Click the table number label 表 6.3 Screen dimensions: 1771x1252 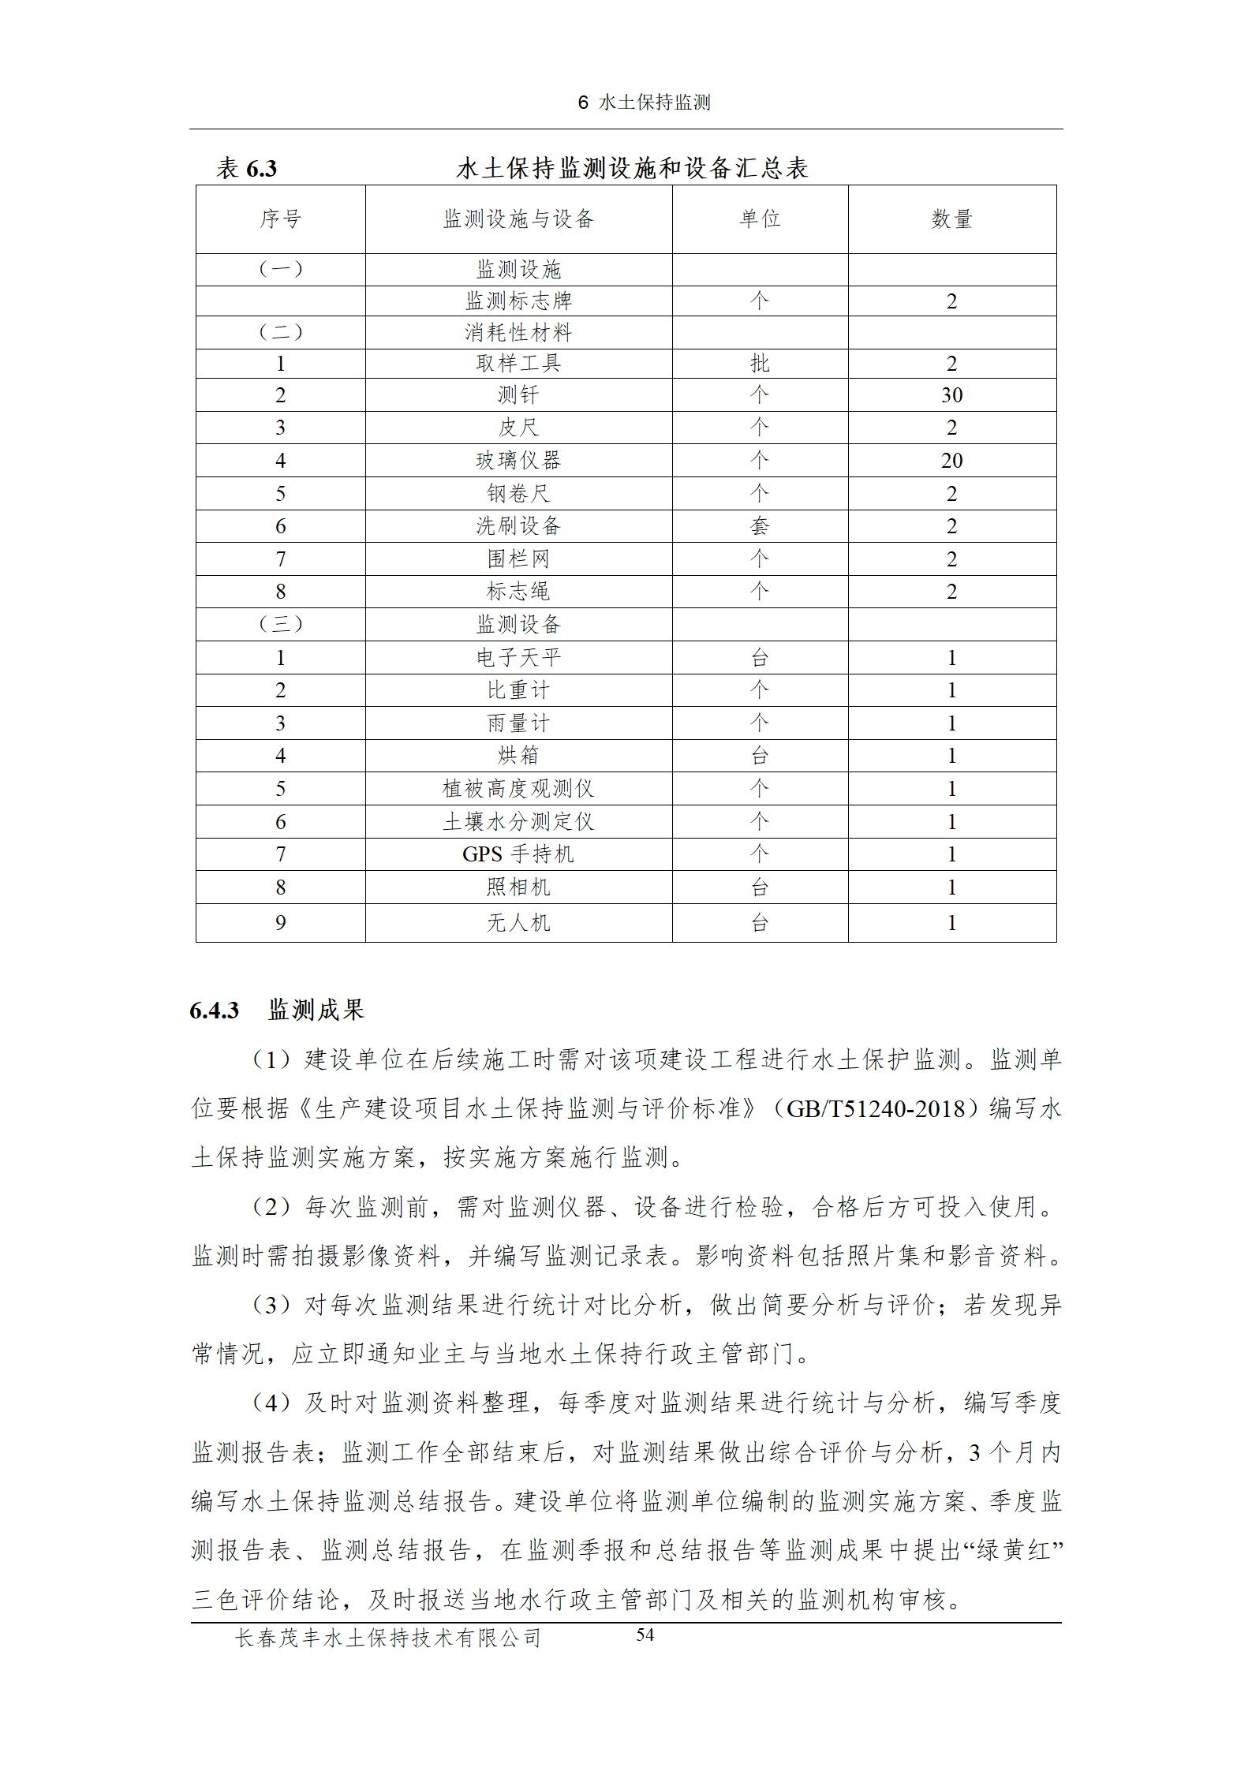[x=246, y=168]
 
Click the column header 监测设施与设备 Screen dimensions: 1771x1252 [x=518, y=219]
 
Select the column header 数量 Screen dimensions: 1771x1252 [x=951, y=219]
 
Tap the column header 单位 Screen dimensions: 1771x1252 [x=760, y=219]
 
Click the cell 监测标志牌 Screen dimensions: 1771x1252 [x=518, y=301]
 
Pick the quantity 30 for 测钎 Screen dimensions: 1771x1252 [x=951, y=395]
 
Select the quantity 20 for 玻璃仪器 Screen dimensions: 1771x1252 [x=951, y=461]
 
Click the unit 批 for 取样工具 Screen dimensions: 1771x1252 [x=760, y=364]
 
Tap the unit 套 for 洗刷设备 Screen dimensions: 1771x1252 [x=760, y=526]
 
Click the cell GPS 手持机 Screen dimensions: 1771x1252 [x=518, y=854]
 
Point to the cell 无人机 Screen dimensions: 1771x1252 [x=518, y=922]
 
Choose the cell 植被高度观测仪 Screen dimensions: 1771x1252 [x=518, y=788]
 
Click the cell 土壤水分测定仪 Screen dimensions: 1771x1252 [x=518, y=821]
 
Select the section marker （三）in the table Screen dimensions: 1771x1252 [x=280, y=624]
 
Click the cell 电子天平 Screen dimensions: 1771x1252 [x=518, y=657]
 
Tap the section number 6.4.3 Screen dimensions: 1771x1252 [x=214, y=1011]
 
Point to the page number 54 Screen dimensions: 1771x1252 [x=645, y=1635]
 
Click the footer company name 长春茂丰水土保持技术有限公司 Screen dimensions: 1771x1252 [x=387, y=1638]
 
